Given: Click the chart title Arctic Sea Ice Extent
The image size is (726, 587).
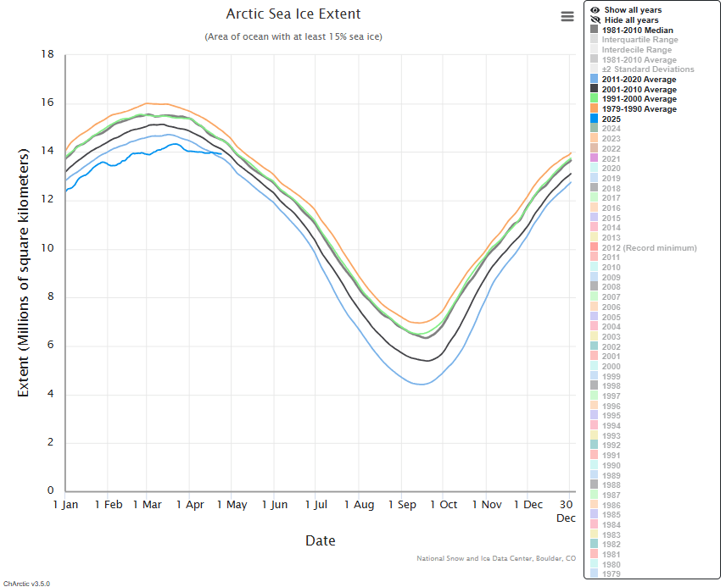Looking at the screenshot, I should tap(293, 14).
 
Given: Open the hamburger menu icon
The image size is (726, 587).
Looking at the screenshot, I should tap(567, 16).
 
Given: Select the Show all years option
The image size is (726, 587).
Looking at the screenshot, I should tap(632, 10).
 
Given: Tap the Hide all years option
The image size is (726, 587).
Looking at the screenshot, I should tap(631, 20).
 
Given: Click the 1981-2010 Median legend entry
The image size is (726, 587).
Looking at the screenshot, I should tap(637, 30).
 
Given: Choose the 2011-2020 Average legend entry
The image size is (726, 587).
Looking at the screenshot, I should tap(639, 80).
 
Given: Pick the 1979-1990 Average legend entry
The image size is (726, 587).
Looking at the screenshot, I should tap(639, 109).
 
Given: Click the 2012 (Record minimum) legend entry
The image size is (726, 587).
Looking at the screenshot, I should tap(649, 248).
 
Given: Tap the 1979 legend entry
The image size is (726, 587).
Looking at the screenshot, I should tap(611, 574).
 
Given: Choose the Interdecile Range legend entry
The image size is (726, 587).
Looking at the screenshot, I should tap(636, 50).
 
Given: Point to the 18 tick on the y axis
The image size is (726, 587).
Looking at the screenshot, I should tap(47, 54).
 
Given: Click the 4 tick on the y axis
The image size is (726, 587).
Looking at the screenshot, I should tap(50, 394).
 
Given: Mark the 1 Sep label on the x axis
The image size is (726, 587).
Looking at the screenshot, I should tap(403, 505).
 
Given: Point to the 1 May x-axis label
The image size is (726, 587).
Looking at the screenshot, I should tap(232, 505).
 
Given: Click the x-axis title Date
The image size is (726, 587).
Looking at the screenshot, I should tap(320, 540).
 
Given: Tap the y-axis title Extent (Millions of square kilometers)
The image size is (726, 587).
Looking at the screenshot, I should tap(24, 272).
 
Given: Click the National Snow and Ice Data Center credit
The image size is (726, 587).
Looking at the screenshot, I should tap(496, 558).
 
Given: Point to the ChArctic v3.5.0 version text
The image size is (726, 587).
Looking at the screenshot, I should tap(26, 583).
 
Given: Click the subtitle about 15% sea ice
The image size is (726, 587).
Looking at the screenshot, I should tap(293, 36).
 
